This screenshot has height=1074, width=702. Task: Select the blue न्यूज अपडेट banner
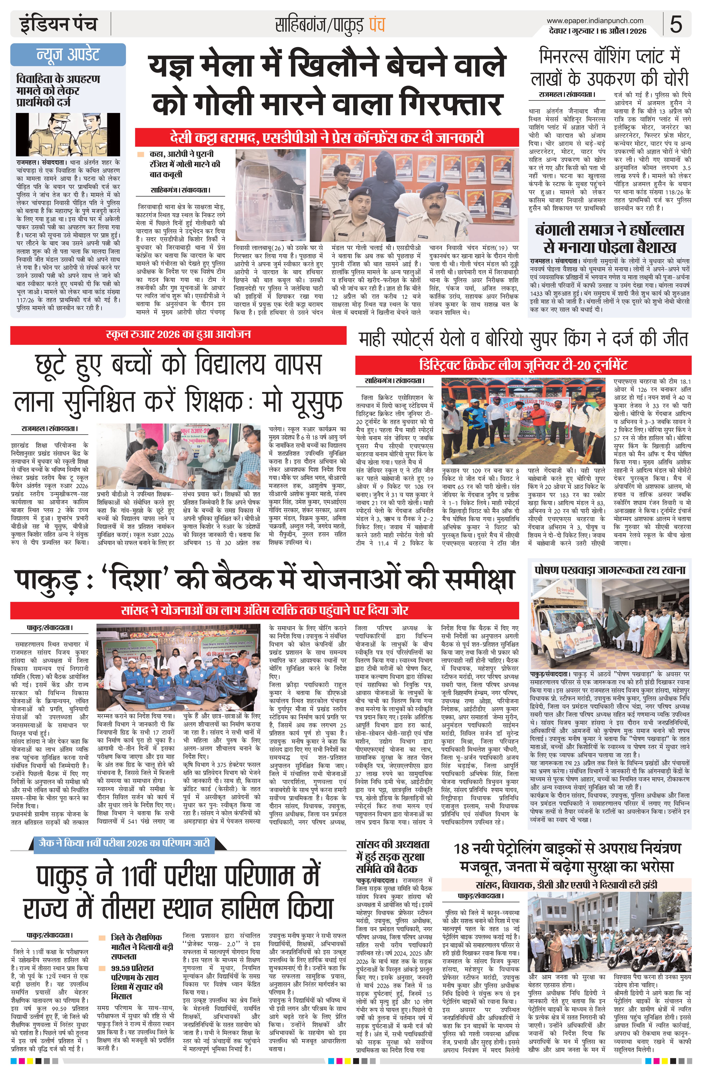click(68, 54)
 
